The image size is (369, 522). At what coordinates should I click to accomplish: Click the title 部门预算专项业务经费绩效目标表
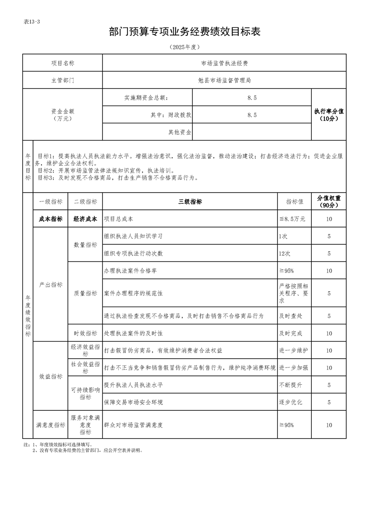tap(184, 32)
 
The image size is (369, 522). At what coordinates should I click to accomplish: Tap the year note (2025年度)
tap(184, 47)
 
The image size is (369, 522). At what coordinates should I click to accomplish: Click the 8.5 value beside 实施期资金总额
tap(252, 98)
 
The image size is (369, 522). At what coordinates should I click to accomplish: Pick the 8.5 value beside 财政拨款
tap(252, 115)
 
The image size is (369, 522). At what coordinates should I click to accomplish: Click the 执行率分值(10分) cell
tap(329, 115)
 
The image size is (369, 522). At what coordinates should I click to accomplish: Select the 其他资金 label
tap(180, 132)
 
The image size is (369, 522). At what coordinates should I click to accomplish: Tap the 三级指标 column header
tap(190, 201)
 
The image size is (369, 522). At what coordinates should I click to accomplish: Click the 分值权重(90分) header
tap(329, 201)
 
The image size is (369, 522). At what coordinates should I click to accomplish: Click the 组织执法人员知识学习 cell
tap(133, 236)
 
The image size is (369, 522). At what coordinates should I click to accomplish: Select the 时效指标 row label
tap(85, 334)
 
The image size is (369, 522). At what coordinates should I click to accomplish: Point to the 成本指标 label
tap(50, 219)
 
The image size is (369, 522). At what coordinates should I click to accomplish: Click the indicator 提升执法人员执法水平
tap(133, 385)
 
